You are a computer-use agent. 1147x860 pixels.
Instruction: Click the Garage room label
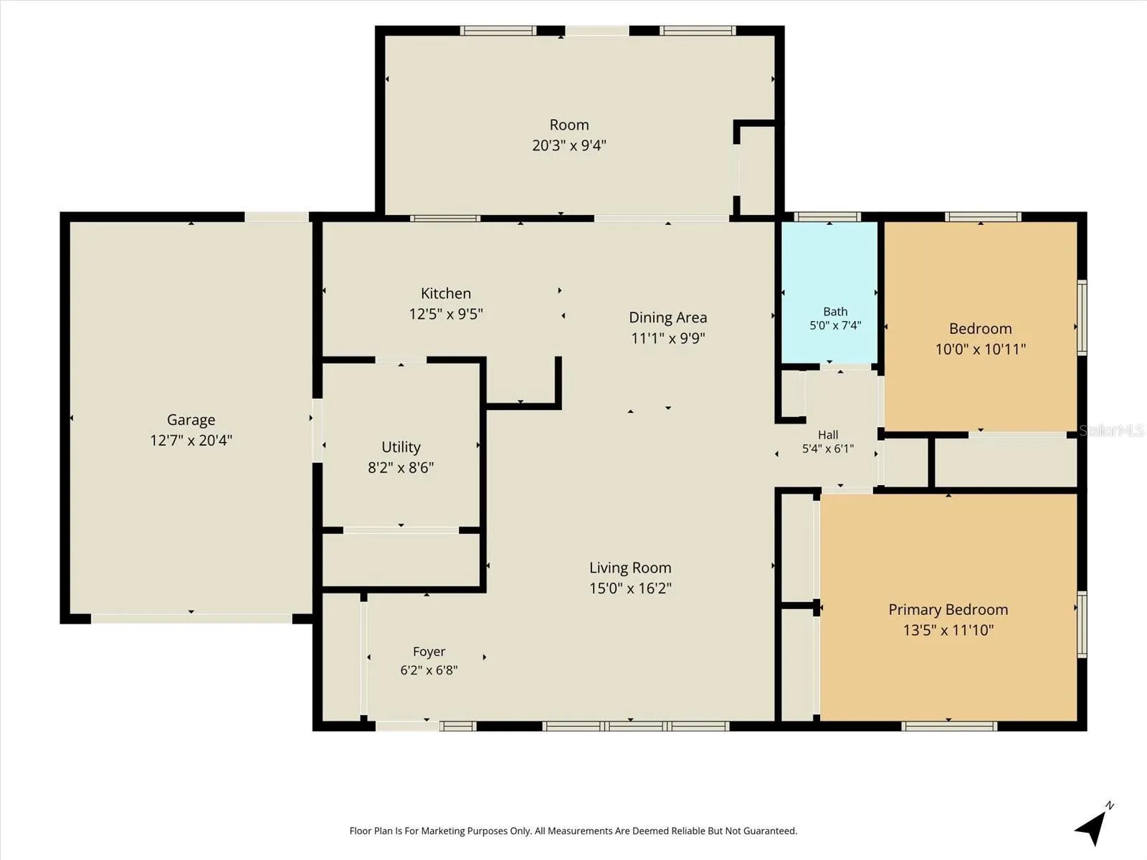[191, 420]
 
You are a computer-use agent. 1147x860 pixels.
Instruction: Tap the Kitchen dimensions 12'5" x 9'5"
[446, 314]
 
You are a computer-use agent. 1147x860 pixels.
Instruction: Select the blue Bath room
[829, 292]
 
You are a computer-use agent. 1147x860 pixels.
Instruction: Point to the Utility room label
[401, 447]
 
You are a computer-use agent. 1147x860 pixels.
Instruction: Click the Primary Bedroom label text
[948, 609]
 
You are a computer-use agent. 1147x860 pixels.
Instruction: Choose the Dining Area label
[668, 317]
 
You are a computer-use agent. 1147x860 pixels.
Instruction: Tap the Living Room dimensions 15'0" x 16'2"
[630, 588]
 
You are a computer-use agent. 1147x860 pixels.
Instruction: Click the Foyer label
[429, 651]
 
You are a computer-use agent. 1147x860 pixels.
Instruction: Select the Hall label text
[828, 434]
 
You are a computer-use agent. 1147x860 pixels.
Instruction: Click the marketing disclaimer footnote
[573, 831]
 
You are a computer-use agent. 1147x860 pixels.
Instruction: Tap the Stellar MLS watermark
[1111, 431]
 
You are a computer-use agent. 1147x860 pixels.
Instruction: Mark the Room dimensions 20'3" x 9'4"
[569, 145]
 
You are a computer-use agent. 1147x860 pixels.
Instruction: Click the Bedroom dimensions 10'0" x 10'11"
[980, 349]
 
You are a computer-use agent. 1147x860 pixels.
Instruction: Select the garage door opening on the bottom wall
[191, 618]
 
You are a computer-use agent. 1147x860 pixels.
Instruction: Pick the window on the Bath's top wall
[828, 216]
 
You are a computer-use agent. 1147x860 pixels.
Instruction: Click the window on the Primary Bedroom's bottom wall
[949, 726]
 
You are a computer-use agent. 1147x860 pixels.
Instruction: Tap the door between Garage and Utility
[317, 430]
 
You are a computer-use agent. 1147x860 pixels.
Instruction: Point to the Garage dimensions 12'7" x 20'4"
[191, 441]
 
